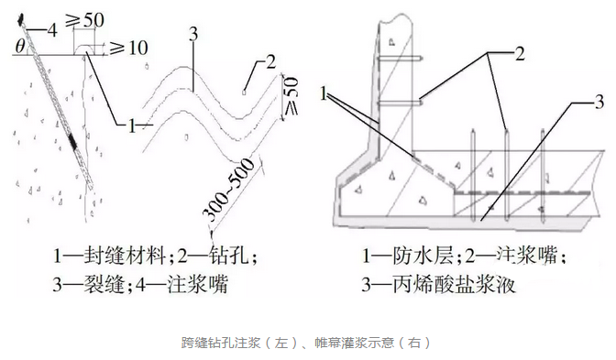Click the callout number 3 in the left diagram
[x=192, y=37]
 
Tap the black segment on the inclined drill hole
[x=73, y=144]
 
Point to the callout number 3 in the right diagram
[x=597, y=100]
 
